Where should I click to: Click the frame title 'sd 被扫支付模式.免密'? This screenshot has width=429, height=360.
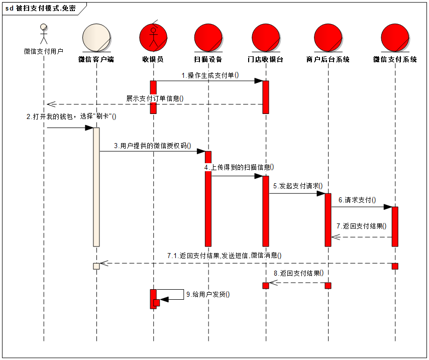point(41,9)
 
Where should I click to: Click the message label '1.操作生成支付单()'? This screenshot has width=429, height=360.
point(210,75)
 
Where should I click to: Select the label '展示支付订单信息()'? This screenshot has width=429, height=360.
point(155,98)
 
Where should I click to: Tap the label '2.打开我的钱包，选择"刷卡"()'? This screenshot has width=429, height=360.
point(71,116)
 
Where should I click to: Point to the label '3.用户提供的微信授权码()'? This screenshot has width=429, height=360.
point(153,146)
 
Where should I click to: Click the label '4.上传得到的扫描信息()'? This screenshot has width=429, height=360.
point(240,167)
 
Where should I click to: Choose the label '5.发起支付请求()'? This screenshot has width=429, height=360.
point(298,186)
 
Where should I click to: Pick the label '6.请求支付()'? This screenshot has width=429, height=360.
point(357,200)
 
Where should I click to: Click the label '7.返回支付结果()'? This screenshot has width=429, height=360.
point(362,226)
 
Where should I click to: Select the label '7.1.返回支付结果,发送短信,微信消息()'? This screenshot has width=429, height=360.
point(225,256)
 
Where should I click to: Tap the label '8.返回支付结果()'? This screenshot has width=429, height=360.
point(299,274)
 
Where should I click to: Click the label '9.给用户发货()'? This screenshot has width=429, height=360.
point(208,294)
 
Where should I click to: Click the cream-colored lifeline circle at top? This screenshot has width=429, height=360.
point(96,38)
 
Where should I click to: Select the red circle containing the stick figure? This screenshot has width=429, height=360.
point(153,37)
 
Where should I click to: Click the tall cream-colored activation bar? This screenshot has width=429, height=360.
point(96,187)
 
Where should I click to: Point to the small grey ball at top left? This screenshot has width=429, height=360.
point(44,27)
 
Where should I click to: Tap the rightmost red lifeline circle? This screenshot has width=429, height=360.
point(395,38)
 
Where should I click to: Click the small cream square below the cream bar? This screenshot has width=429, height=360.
point(96,266)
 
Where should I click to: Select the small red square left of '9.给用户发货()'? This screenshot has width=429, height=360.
point(157,303)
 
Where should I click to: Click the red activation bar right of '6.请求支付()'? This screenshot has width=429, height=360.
point(395,226)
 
